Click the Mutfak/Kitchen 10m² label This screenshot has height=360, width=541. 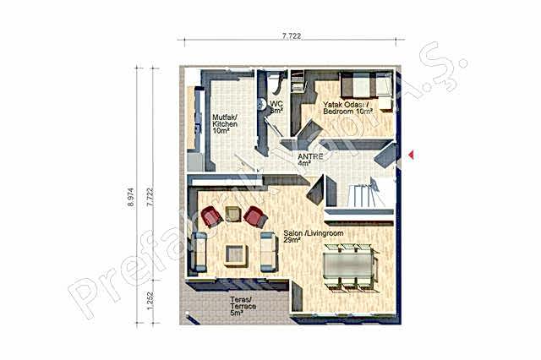pyautogui.click(x=224, y=124)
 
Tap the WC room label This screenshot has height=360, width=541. pyautogui.click(x=276, y=106)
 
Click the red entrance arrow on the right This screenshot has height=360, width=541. pyautogui.click(x=410, y=154)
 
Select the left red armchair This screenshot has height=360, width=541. pyautogui.click(x=211, y=217)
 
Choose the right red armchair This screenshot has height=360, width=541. pyautogui.click(x=254, y=218)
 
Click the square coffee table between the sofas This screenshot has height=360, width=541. pyautogui.click(x=236, y=254)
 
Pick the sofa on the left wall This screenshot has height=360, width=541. pyautogui.click(x=199, y=251)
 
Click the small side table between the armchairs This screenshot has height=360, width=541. pyautogui.click(x=233, y=214)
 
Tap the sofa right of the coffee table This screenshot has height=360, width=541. pyautogui.click(x=268, y=251)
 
